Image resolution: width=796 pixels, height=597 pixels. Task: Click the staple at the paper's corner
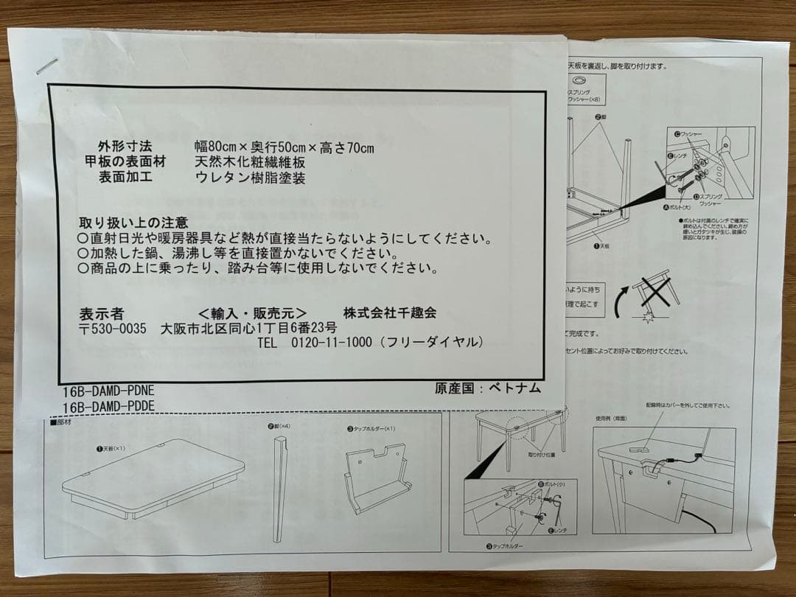coord(46,66)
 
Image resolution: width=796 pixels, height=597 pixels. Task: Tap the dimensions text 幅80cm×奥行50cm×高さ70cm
coord(284,147)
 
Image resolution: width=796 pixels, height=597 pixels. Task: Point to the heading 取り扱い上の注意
coord(133,222)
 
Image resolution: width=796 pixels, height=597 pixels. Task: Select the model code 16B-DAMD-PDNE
coord(109,391)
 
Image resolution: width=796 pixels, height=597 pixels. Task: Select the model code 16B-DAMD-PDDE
coord(109,406)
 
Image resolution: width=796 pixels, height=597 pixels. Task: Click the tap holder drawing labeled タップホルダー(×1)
coord(376,479)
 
